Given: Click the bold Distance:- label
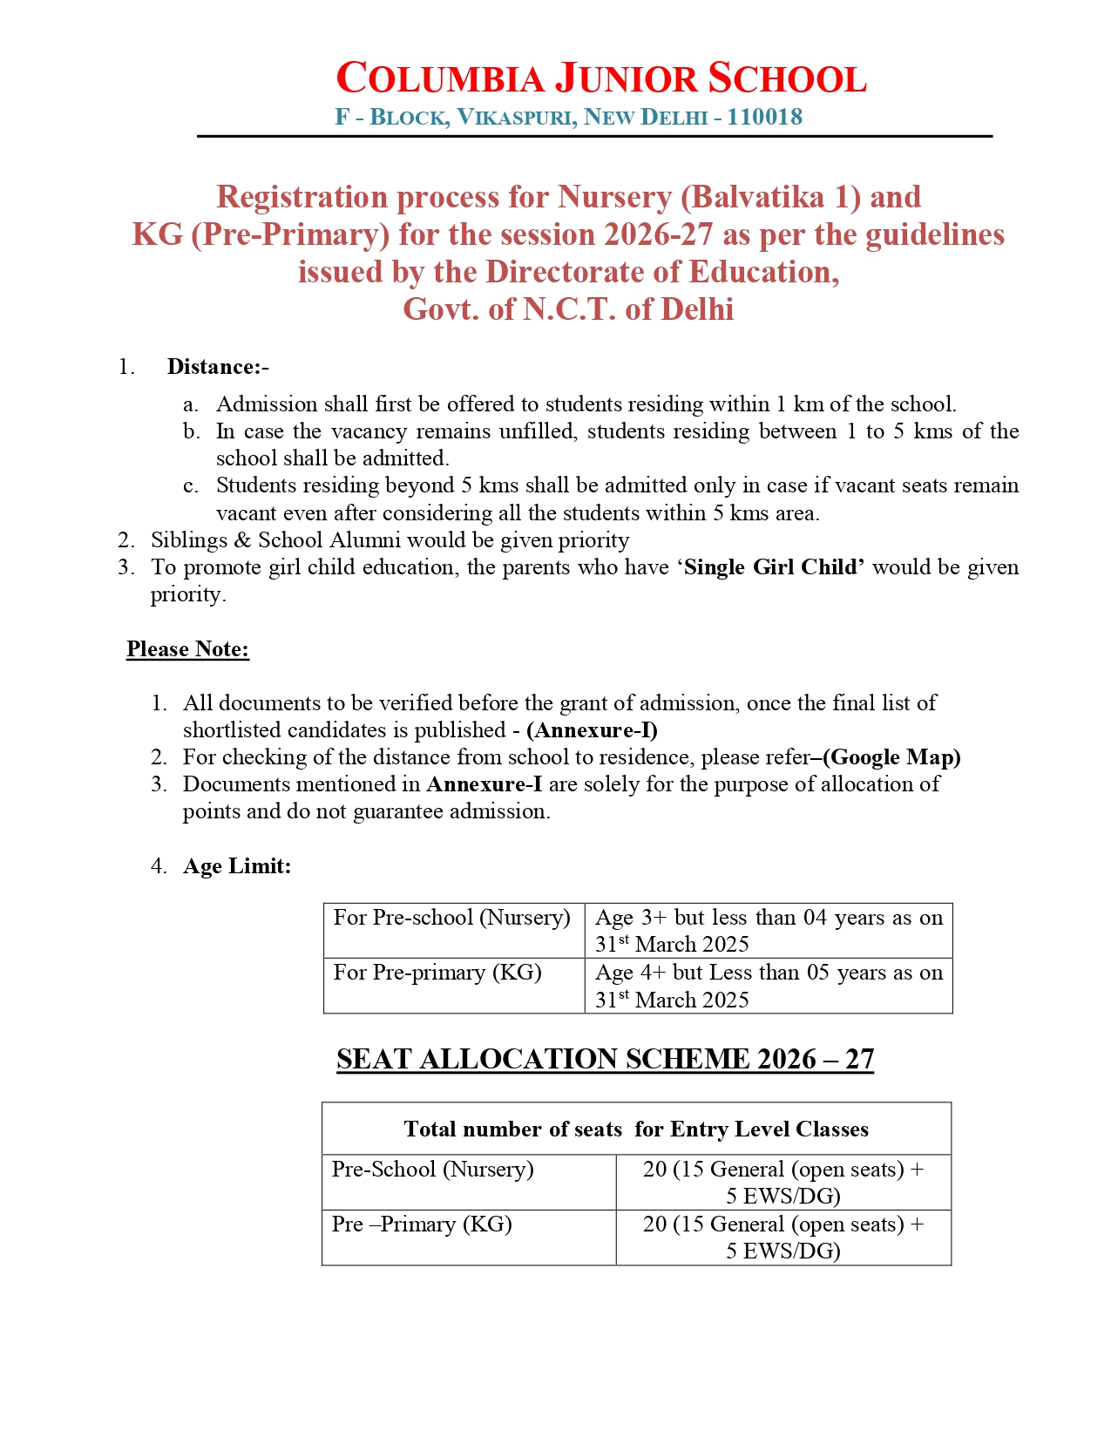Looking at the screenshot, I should click(218, 367).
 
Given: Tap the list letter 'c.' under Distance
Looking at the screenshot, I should click(191, 485).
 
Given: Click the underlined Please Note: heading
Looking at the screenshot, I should click(188, 649).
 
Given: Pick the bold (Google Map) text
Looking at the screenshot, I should click(891, 757).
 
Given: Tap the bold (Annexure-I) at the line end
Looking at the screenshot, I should click(592, 730).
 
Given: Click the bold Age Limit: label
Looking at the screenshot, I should click(237, 866).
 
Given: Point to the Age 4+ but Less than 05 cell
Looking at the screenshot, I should click(769, 986).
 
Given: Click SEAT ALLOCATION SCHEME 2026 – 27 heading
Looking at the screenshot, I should click(605, 1059).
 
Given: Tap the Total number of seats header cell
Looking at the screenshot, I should click(636, 1129).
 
